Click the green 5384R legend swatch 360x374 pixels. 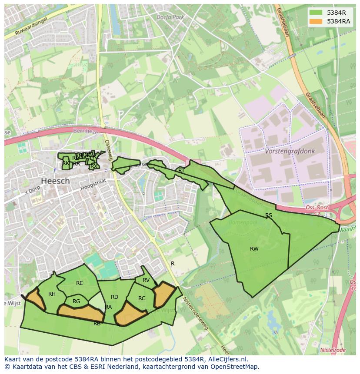click(x=316, y=13)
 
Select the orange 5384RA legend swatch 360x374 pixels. click(x=316, y=21)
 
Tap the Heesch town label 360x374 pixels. click(x=55, y=181)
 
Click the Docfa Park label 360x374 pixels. click(x=170, y=17)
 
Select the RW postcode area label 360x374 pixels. click(x=254, y=249)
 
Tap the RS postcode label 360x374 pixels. click(x=269, y=215)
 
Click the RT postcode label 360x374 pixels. click(x=181, y=171)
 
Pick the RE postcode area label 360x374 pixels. click(x=79, y=283)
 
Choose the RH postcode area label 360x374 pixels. click(x=52, y=294)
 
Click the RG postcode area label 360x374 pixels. click(x=77, y=301)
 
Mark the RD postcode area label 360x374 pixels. click(x=114, y=297)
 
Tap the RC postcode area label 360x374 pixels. click(x=142, y=298)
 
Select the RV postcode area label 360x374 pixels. click(x=146, y=280)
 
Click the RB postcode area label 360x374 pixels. click(x=97, y=324)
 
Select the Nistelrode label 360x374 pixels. click(x=333, y=350)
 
